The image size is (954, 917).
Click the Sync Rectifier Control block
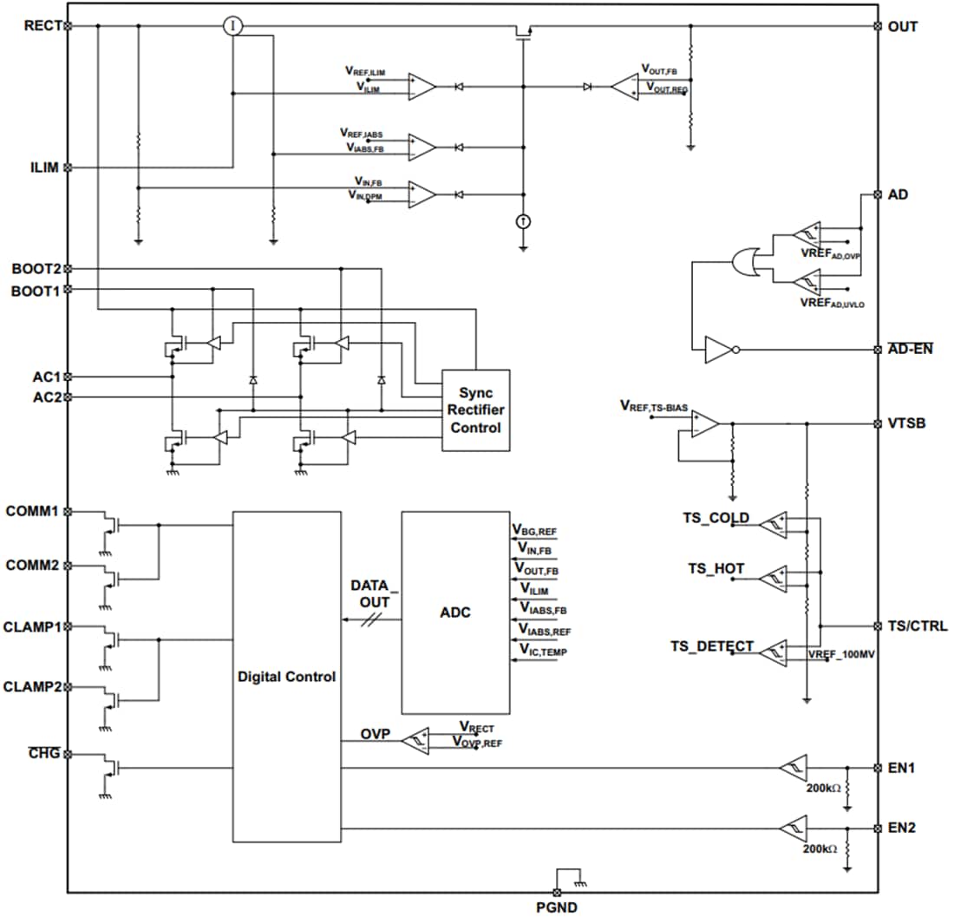(x=475, y=409)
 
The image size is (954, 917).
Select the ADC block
(x=454, y=612)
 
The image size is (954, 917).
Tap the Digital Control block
(x=286, y=676)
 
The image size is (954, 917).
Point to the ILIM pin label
(x=43, y=167)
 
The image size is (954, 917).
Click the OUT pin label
(x=902, y=26)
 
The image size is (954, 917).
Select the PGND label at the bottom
(x=556, y=907)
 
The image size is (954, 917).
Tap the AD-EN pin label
(x=909, y=350)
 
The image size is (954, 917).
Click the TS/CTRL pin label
(x=918, y=626)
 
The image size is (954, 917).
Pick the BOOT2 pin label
(x=36, y=269)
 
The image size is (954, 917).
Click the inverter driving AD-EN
(x=720, y=350)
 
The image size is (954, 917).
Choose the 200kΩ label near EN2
(x=820, y=848)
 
